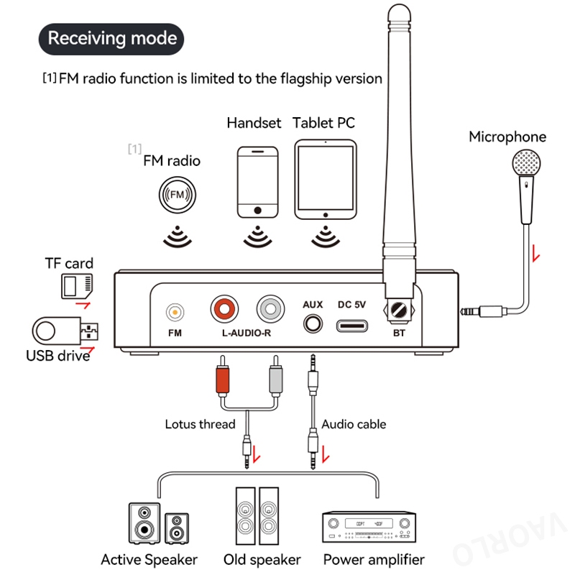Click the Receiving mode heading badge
click(112, 37)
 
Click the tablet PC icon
click(325, 180)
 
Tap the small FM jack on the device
click(175, 312)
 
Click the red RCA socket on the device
click(225, 310)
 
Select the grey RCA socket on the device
click(272, 310)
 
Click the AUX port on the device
click(313, 323)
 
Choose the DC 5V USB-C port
click(352, 326)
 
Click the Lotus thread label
click(200, 424)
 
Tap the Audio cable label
click(354, 424)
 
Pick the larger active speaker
click(145, 523)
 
